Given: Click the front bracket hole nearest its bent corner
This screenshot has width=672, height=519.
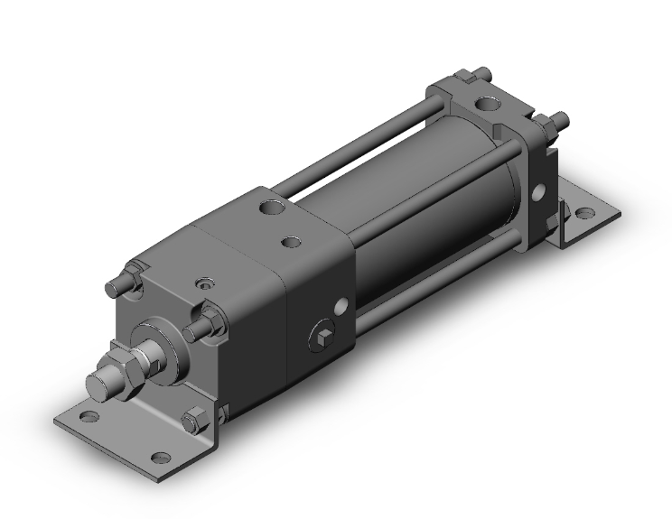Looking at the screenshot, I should click(x=160, y=457).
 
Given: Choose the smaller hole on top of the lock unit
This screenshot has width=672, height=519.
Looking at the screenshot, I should click(x=290, y=241).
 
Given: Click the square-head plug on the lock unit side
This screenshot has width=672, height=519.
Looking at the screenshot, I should click(x=323, y=338).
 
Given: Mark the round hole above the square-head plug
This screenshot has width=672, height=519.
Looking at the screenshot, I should click(x=341, y=307).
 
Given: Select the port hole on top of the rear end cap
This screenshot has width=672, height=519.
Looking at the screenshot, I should click(x=490, y=105).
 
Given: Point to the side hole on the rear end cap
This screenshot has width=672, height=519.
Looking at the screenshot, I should click(x=539, y=192).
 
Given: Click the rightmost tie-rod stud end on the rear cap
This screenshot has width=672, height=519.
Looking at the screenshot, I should click(x=561, y=118).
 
